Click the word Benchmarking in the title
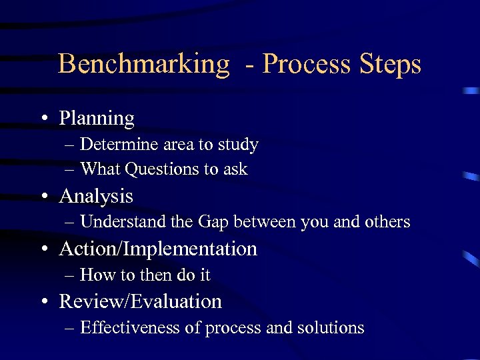click(143, 65)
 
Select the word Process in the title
click(306, 65)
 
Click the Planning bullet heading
click(97, 119)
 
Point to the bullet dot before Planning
click(43, 119)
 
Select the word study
click(238, 145)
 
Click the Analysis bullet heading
click(96, 196)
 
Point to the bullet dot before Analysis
click(43, 197)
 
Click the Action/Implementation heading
click(158, 249)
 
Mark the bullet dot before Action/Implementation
click(43, 249)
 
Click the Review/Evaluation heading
click(140, 301)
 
